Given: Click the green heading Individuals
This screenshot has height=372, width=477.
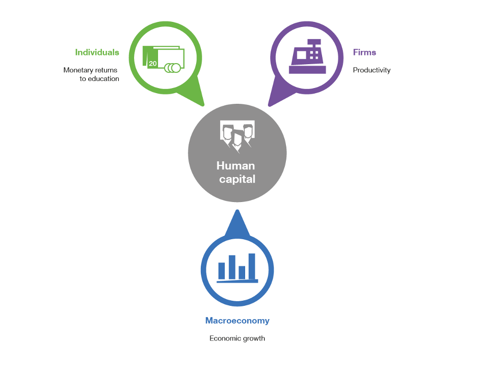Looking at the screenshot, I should click(x=97, y=52).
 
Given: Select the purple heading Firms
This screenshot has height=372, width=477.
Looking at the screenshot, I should click(x=364, y=52).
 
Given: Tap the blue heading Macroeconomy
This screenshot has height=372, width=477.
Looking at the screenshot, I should click(x=237, y=321).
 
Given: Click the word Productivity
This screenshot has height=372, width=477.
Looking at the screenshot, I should click(x=372, y=70).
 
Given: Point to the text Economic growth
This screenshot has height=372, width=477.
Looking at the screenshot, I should click(x=237, y=338).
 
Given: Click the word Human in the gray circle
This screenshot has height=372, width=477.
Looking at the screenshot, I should click(x=235, y=166).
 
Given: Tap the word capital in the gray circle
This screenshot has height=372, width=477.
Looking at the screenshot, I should click(x=237, y=179).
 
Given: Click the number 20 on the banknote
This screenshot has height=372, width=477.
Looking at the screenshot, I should click(x=153, y=64).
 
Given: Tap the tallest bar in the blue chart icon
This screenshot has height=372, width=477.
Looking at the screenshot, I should click(x=252, y=266).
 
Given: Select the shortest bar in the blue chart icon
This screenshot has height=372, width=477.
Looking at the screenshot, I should click(x=242, y=272).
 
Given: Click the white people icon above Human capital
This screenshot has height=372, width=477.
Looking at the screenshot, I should click(x=237, y=136).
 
